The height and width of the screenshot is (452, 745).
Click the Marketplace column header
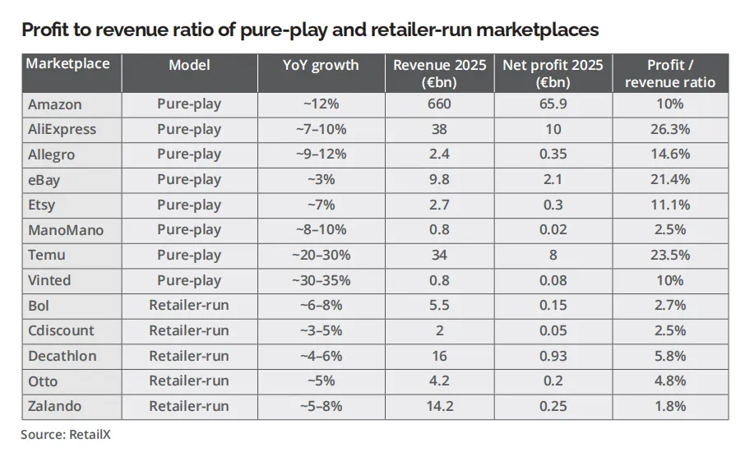click(67, 63)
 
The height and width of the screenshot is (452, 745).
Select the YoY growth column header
click(321, 65)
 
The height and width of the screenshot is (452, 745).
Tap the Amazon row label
click(54, 104)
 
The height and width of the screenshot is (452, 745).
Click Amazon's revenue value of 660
click(439, 104)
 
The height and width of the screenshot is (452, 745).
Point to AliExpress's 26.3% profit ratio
click(670, 129)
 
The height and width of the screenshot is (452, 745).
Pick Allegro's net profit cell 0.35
click(553, 155)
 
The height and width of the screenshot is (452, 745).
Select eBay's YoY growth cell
click(321, 179)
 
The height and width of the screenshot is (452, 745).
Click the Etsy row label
click(41, 205)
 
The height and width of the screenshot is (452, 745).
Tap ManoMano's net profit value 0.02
click(553, 230)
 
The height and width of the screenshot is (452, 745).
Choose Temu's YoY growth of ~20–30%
click(321, 255)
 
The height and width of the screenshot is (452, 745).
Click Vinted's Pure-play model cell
click(189, 280)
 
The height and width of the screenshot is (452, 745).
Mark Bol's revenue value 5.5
click(439, 305)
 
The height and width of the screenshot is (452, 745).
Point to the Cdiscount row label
click(61, 330)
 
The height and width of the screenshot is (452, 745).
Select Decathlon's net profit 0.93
click(553, 356)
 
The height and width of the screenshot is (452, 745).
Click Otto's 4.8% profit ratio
click(670, 381)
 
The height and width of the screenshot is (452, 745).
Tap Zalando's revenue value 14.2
click(439, 407)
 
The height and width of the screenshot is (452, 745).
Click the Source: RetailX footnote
click(66, 435)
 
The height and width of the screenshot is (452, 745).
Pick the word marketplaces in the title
click(537, 30)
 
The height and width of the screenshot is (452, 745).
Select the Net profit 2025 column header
click(553, 73)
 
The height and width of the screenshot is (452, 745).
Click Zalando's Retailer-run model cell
click(189, 407)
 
